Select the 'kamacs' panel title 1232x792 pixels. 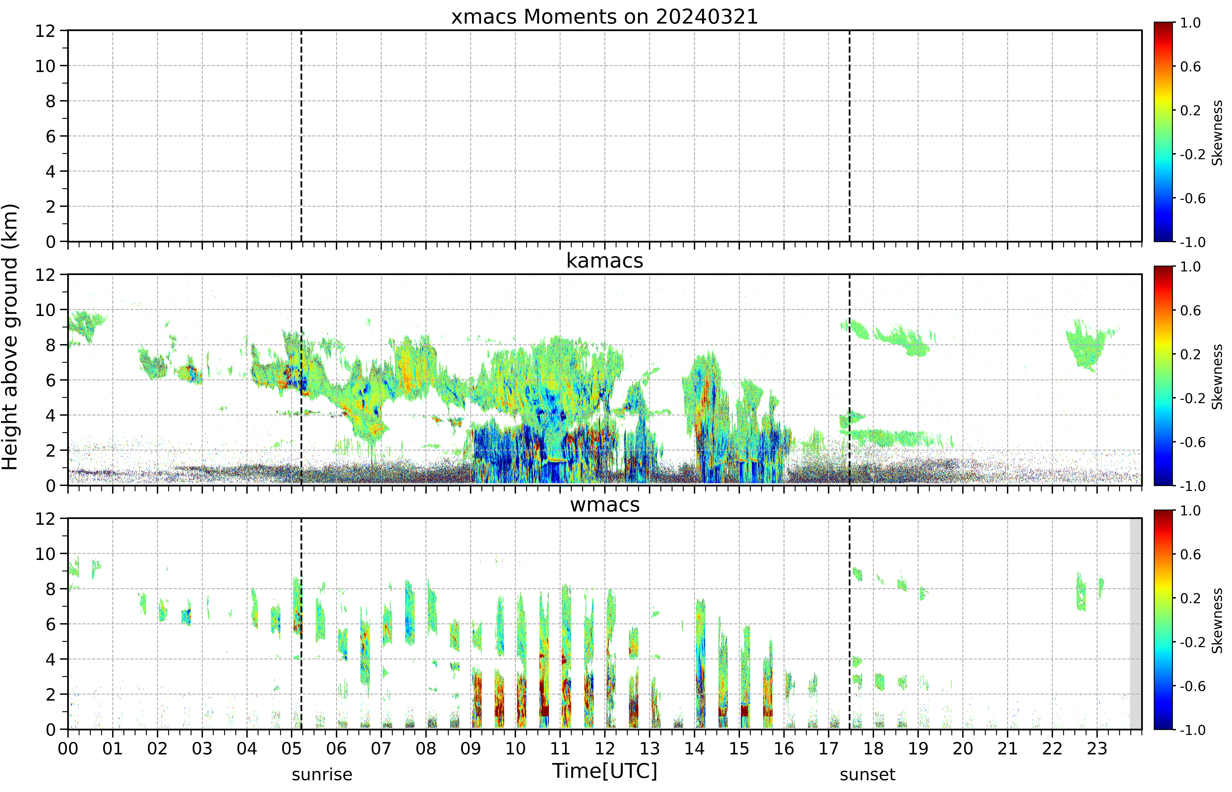[x=605, y=261]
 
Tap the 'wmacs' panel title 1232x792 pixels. [x=605, y=504]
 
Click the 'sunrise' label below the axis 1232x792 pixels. [x=322, y=774]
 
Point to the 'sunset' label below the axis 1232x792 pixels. [x=868, y=774]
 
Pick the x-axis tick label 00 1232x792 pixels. [x=68, y=748]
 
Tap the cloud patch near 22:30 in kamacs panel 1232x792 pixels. [x=1087, y=346]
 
